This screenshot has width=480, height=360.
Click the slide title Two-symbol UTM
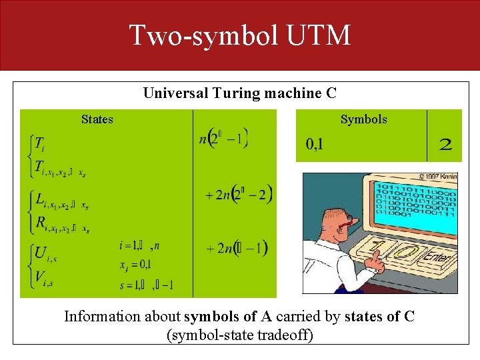[x=239, y=35]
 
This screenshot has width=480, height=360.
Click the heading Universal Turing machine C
[x=239, y=93]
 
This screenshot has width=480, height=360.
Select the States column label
[x=97, y=119]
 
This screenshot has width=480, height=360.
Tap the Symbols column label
[x=363, y=119]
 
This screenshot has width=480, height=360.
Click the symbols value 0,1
[x=315, y=144]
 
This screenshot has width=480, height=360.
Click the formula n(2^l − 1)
[x=224, y=139]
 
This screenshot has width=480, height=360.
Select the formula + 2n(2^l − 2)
[x=239, y=195]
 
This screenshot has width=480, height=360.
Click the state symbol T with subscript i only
[x=39, y=143]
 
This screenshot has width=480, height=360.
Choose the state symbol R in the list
[x=39, y=222]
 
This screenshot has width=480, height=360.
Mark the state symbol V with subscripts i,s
[x=40, y=277]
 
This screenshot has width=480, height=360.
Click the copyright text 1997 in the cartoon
[x=439, y=177]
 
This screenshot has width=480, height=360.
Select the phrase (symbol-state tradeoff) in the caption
[x=239, y=335]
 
